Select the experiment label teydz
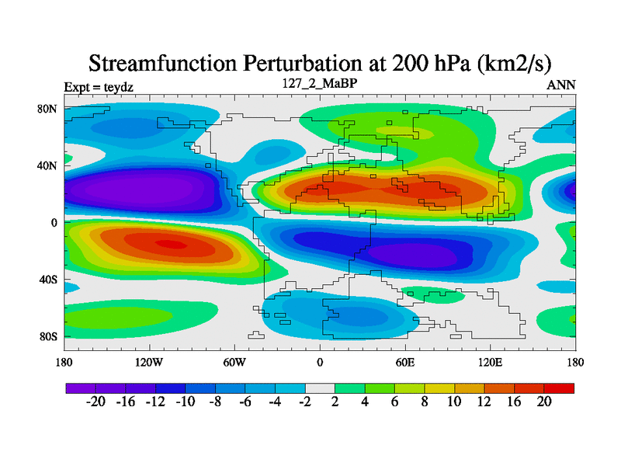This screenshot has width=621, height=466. pos(118,87)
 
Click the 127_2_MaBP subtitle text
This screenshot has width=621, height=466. pos(320,83)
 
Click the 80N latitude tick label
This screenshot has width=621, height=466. pos(48,109)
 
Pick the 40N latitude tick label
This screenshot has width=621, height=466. pos(48,165)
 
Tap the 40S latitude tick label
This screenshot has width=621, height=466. pos(48,280)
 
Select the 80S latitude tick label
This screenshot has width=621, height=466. pos(48,336)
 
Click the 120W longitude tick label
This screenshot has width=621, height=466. pos(148,362)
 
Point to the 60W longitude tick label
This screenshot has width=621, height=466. pos(234,362)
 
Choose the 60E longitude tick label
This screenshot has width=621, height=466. pos(404,362)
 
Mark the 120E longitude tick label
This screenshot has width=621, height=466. pos(490,362)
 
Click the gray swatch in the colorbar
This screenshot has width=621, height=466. pos(320,388)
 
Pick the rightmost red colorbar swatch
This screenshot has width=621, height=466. pos(559,388)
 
